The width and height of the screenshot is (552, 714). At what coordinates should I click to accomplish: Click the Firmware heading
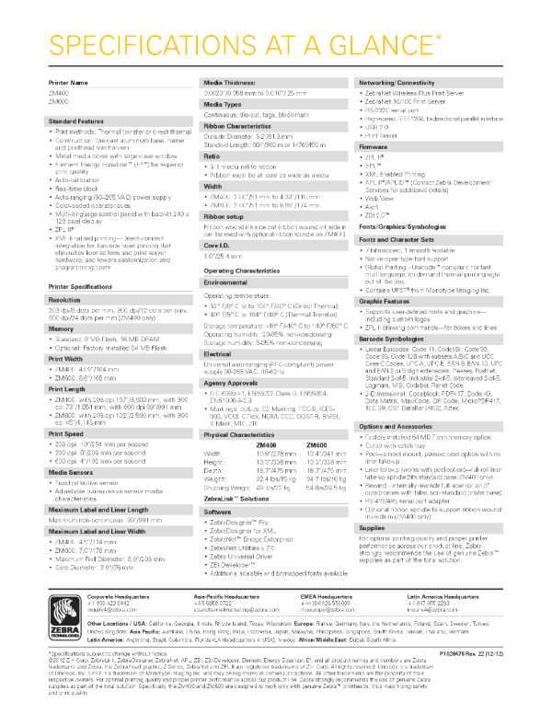tap(374, 146)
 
